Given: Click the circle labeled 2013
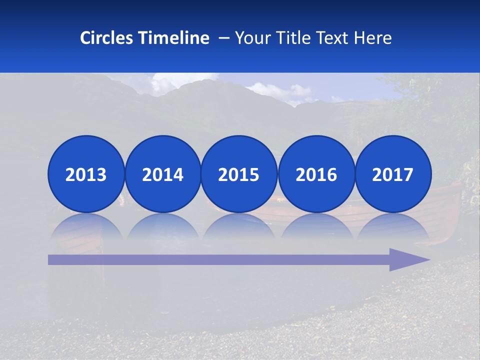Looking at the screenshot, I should [86, 174].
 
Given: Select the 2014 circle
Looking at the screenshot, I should [162, 174].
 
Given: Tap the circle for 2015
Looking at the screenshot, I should [239, 174].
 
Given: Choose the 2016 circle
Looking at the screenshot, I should [316, 174].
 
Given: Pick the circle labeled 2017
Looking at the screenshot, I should [392, 174].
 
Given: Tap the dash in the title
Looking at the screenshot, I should [224, 38].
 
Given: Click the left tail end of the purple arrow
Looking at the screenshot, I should [51, 259].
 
